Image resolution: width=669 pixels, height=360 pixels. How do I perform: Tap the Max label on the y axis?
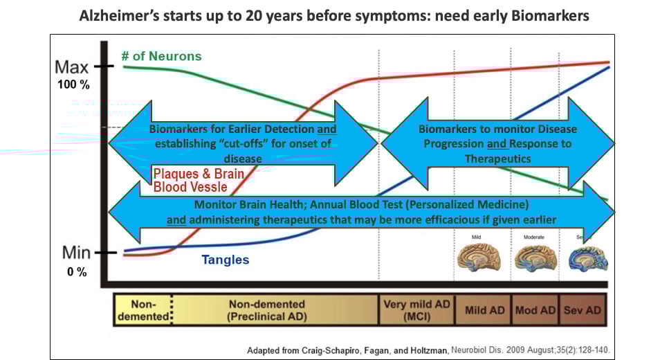(x=72, y=68)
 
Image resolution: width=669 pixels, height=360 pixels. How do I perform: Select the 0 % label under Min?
(x=77, y=272)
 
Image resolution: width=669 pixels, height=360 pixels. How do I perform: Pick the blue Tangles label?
(x=226, y=260)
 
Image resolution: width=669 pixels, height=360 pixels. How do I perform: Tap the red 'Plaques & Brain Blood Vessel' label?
(x=199, y=179)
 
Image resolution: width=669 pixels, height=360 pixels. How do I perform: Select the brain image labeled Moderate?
(x=534, y=258)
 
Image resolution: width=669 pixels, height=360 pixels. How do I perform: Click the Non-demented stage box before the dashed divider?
(x=142, y=310)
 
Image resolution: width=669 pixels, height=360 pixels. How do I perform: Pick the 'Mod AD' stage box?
(x=535, y=310)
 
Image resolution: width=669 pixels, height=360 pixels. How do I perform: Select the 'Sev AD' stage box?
(x=582, y=310)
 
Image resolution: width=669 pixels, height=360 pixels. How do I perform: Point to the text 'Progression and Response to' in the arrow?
(x=497, y=144)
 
